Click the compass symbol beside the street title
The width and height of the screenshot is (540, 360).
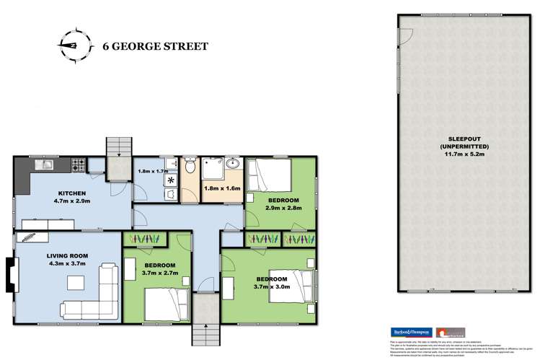76,45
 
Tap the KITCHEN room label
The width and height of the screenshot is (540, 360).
73,193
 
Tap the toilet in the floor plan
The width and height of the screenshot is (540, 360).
189,167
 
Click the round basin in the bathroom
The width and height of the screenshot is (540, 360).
232,164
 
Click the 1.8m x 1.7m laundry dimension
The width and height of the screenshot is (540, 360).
151,172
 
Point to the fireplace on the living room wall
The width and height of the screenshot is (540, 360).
9,274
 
